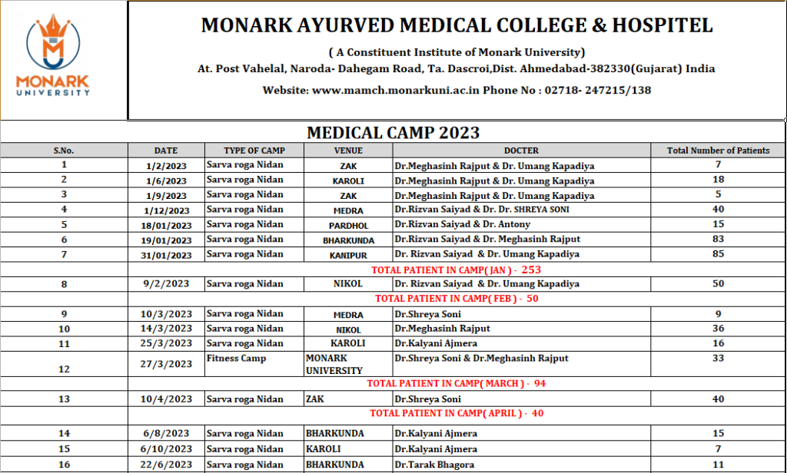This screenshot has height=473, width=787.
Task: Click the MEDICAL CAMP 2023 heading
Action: [393, 132]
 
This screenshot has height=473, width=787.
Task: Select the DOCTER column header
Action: [521, 150]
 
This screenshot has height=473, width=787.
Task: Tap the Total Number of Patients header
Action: [719, 150]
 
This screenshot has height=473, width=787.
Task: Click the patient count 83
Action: [719, 239]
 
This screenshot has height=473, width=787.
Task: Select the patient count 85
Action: [719, 253]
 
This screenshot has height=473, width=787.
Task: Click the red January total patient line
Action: [456, 270]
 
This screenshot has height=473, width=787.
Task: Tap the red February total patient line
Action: [456, 299]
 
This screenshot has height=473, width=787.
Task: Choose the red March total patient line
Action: [456, 383]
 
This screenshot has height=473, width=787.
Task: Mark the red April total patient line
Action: [456, 413]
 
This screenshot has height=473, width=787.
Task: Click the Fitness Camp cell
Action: [236, 359]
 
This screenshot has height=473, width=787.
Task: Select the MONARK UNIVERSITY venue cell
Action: [334, 364]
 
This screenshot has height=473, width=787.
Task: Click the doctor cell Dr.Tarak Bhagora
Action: [433, 465]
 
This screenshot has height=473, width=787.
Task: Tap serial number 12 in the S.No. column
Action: [64, 369]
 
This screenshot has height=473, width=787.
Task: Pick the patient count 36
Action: [719, 329]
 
